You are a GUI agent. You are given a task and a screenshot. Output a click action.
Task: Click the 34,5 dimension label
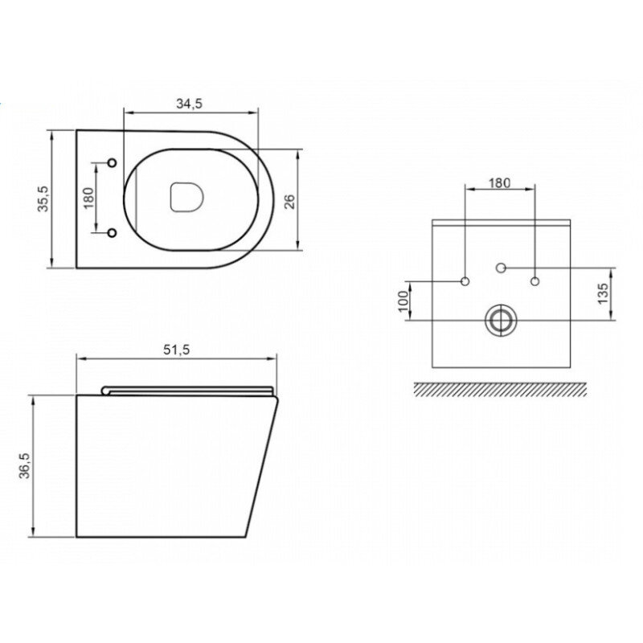189,104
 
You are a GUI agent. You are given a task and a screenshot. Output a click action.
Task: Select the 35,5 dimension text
43,199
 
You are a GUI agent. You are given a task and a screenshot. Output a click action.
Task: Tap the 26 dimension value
289,202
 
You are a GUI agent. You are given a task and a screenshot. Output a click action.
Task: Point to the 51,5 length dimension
176,350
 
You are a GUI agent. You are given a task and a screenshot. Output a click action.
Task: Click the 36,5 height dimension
25,465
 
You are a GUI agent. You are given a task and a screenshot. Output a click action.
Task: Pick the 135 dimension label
602,293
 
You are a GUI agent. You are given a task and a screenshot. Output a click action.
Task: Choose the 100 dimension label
404,301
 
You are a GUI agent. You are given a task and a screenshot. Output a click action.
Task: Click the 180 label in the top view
89,198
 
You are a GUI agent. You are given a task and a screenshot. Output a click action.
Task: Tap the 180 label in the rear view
499,183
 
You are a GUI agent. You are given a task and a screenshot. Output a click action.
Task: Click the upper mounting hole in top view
112,163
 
